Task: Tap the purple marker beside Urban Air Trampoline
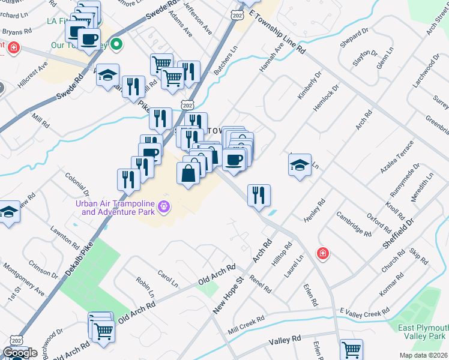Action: (164, 208)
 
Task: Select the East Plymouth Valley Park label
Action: (424, 332)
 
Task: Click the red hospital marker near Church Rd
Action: (323, 254)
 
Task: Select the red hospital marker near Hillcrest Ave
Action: (13, 47)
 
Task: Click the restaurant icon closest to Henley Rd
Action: (259, 194)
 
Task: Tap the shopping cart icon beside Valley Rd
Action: (351, 349)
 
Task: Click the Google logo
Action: (20, 353)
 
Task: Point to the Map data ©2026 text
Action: (423, 355)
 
